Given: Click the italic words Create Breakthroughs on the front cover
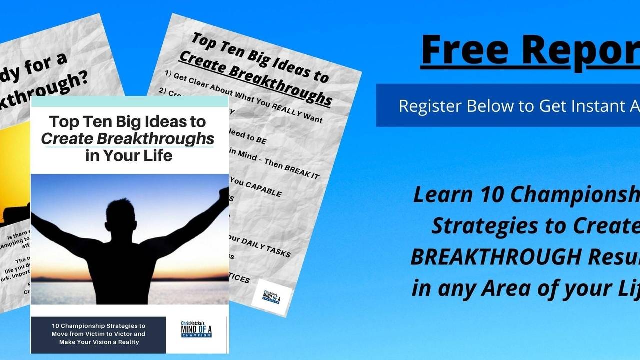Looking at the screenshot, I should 127,139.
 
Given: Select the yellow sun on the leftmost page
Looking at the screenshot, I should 15,165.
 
